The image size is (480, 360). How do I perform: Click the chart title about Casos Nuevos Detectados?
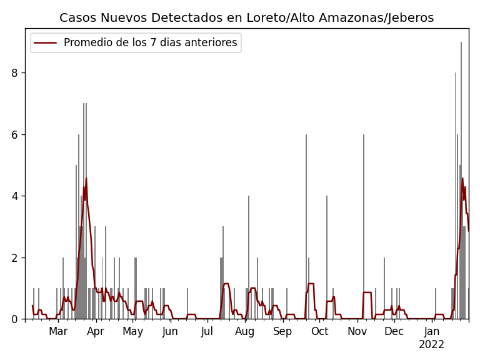pyautogui.click(x=246, y=18)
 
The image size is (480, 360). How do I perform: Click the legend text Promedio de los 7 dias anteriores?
pyautogui.click(x=150, y=43)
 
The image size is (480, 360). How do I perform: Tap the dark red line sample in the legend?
pyautogui.click(x=46, y=43)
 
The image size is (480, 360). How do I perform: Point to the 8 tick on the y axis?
pyautogui.click(x=14, y=73)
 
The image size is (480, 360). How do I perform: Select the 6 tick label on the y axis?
pyautogui.click(x=14, y=134)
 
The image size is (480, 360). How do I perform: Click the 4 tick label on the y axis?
pyautogui.click(x=14, y=196)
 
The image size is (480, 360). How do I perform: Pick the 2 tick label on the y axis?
pyautogui.click(x=14, y=257)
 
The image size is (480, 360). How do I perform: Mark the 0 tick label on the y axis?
pyautogui.click(x=14, y=319)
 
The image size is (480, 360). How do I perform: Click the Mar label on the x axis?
pyautogui.click(x=58, y=331)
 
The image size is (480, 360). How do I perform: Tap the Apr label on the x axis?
pyautogui.click(x=96, y=331)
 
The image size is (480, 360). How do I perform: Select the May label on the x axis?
pyautogui.click(x=132, y=331)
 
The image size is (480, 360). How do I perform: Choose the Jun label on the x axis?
pyautogui.click(x=170, y=331)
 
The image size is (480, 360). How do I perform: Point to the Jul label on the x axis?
pyautogui.click(x=207, y=331)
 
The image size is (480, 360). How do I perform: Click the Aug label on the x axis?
pyautogui.click(x=244, y=331)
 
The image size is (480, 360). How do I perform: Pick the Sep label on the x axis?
pyautogui.click(x=282, y=331)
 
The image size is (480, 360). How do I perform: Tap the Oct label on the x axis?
pyautogui.click(x=319, y=331)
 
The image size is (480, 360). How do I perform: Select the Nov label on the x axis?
pyautogui.click(x=357, y=331)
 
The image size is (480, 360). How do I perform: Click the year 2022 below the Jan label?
pyautogui.click(x=431, y=344)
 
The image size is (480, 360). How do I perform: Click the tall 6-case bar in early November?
pyautogui.click(x=364, y=225)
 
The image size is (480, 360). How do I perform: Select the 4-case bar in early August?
pyautogui.click(x=249, y=256)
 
